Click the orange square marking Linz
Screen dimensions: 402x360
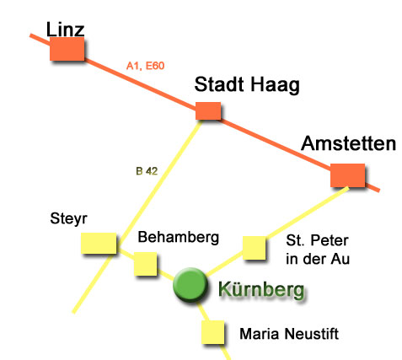pos(67,49)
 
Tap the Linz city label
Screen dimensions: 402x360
pos(65,30)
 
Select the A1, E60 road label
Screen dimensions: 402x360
pos(145,66)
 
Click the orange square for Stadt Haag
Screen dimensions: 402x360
pos(208,111)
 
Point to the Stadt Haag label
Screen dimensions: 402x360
pos(247,85)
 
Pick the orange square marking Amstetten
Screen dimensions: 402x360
pos(347,175)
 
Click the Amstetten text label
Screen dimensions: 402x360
pos(348,143)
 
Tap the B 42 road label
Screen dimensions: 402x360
pos(147,171)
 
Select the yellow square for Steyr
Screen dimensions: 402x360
pos(99,243)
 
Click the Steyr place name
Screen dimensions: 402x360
pos(68,218)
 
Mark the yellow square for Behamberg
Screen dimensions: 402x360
pos(145,264)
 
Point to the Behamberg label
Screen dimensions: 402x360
pos(179,238)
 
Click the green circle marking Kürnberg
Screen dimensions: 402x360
pos(190,285)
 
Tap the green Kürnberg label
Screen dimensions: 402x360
pos(261,290)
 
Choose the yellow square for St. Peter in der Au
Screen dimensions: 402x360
pos(254,248)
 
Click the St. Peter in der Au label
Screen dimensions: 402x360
pos(318,250)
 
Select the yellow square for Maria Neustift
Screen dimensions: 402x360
pos(213,332)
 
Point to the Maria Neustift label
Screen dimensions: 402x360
pos(289,334)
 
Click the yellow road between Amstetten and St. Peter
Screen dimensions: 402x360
pos(307,212)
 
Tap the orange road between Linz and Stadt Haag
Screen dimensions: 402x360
pos(140,85)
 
